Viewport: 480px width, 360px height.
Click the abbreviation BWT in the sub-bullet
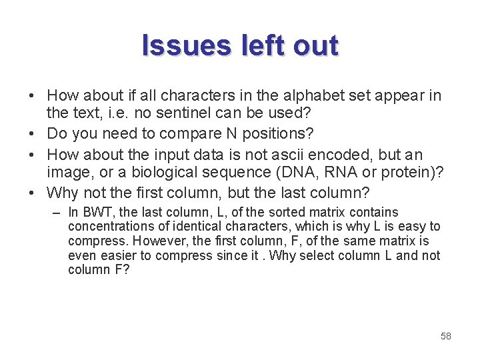point(95,213)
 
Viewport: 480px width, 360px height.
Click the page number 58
point(446,336)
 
